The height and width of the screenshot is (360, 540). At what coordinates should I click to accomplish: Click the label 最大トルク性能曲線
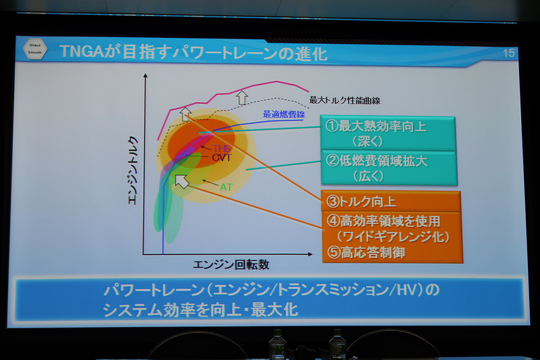(x=345, y=100)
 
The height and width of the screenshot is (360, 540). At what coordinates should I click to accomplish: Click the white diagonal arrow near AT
(x=182, y=180)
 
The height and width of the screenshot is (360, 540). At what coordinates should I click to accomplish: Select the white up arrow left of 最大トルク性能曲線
(x=240, y=98)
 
